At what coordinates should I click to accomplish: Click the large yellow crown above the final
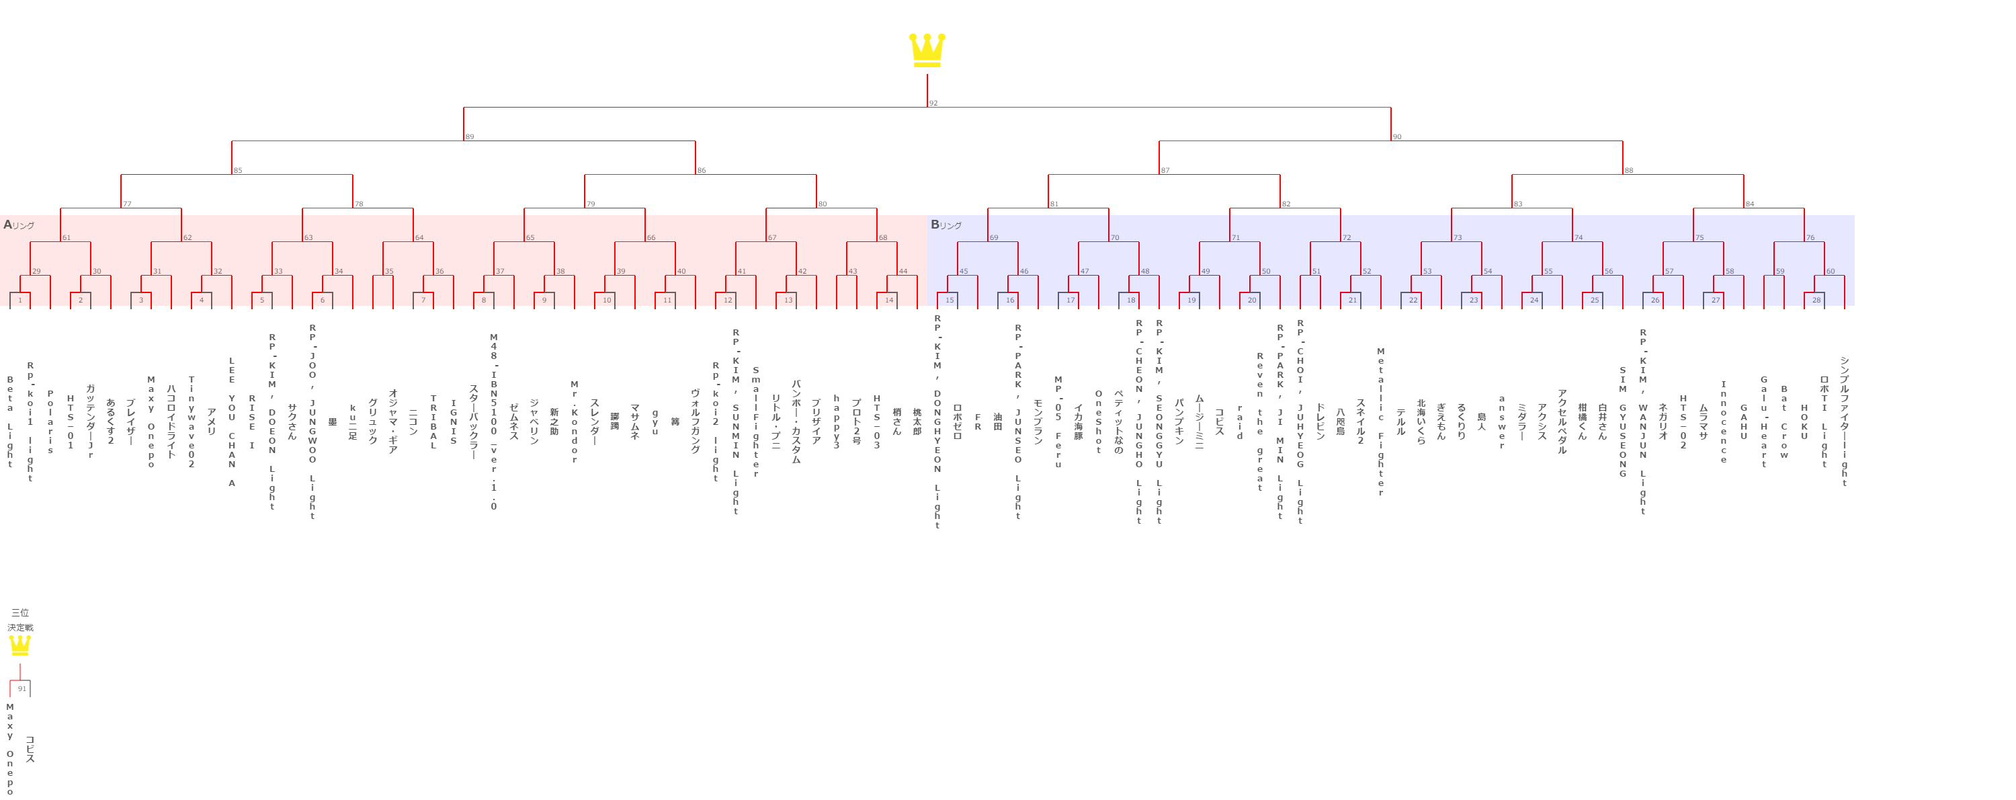tap(927, 50)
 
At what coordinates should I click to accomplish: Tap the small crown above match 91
tap(19, 645)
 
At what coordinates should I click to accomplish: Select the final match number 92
tap(933, 104)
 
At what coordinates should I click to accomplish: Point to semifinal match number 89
tap(470, 137)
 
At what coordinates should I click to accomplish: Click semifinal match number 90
tap(1397, 137)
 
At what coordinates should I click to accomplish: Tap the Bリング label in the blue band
tap(946, 225)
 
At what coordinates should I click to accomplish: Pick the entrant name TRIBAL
tap(433, 422)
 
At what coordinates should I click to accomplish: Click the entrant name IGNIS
tap(453, 422)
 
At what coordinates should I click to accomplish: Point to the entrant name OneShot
tap(1098, 422)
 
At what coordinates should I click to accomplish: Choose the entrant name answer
tap(1501, 422)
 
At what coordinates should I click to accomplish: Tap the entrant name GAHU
tap(1743, 422)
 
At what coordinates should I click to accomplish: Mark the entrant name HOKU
tap(1804, 422)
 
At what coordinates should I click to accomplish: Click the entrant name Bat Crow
tap(1783, 422)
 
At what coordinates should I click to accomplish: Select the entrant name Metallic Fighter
tap(1380, 422)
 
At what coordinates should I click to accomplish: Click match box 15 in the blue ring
tap(950, 300)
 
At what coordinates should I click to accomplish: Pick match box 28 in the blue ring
tap(1816, 300)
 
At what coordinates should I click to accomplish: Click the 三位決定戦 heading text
tap(20, 620)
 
